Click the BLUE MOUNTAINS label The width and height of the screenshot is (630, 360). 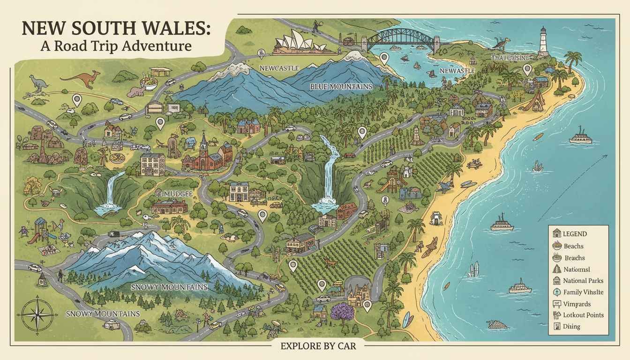tap(341, 87)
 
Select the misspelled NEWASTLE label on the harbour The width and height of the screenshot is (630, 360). tap(457, 71)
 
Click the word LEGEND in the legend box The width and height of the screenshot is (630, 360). tap(575, 234)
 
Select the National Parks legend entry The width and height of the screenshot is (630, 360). tap(583, 281)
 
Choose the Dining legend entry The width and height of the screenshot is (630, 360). tap(572, 327)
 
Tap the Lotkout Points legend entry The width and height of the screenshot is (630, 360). tap(583, 315)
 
